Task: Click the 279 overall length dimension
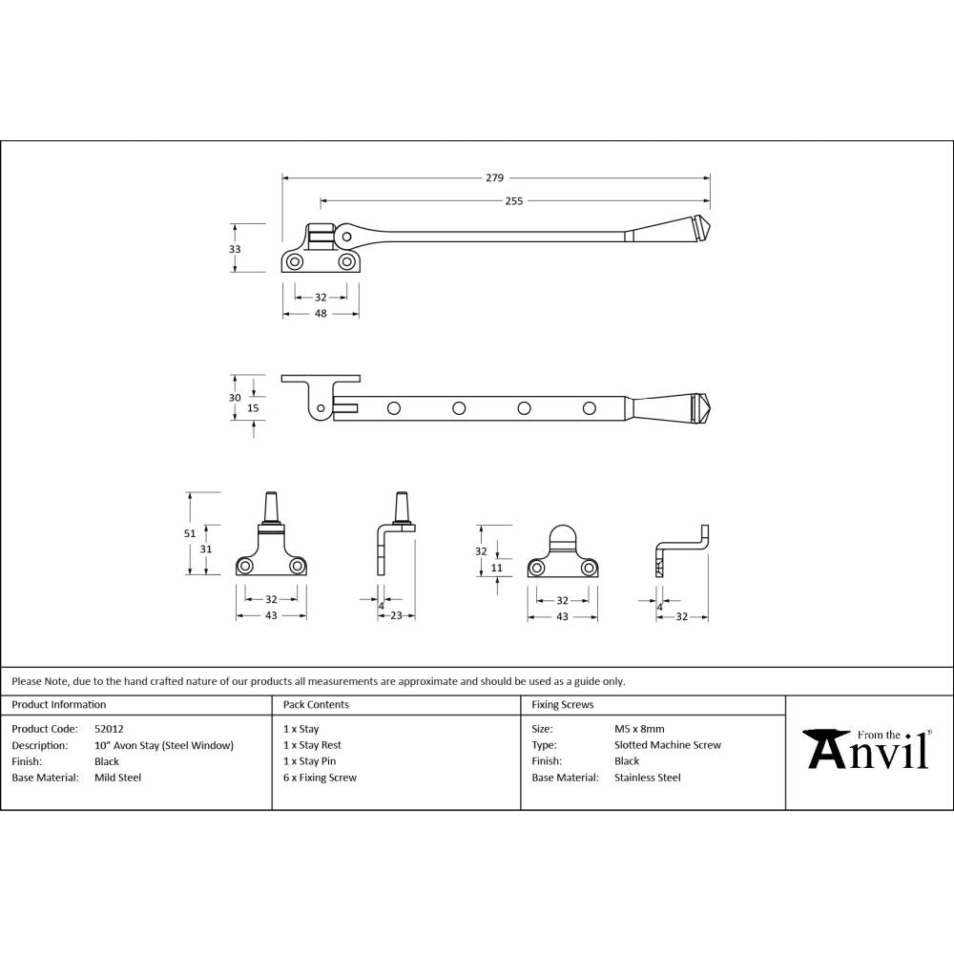click(x=494, y=177)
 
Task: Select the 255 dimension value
click(x=513, y=200)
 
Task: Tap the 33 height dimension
click(x=235, y=248)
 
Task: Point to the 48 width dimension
click(x=321, y=314)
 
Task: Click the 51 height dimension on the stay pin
click(x=190, y=533)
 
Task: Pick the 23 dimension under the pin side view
click(x=396, y=616)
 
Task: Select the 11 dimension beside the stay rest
click(x=497, y=568)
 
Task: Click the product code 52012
click(x=109, y=729)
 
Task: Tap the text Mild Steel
click(x=117, y=778)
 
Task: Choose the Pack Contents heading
click(x=316, y=705)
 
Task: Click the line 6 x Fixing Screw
click(x=320, y=778)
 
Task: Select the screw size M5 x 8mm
click(x=639, y=729)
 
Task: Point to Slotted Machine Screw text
click(x=668, y=745)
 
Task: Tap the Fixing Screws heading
click(x=562, y=705)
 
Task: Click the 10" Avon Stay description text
click(x=163, y=745)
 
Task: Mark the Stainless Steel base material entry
click(x=647, y=778)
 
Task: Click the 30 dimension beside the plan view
click(x=235, y=398)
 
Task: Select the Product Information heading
click(x=58, y=705)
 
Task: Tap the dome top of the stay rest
click(x=562, y=534)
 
